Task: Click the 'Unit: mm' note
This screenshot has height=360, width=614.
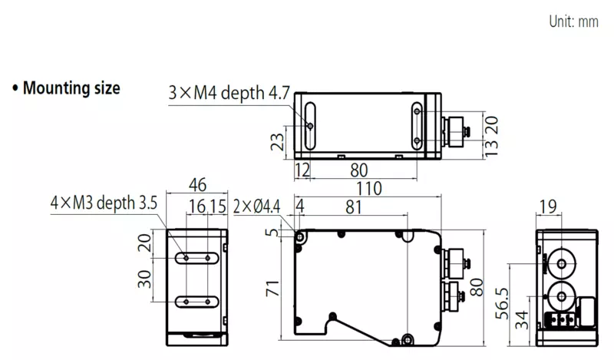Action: click(573, 21)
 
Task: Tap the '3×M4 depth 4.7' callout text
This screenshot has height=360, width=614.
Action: click(229, 93)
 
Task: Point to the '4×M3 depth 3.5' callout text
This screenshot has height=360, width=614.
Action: click(104, 203)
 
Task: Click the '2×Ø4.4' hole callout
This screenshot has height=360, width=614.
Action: click(256, 206)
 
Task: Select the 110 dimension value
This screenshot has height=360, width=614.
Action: click(369, 188)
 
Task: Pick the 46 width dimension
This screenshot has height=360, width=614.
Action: click(197, 185)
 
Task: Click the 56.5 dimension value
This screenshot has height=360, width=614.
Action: click(502, 304)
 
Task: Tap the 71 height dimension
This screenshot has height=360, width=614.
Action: click(272, 289)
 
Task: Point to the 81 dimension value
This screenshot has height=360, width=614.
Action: click(354, 206)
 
